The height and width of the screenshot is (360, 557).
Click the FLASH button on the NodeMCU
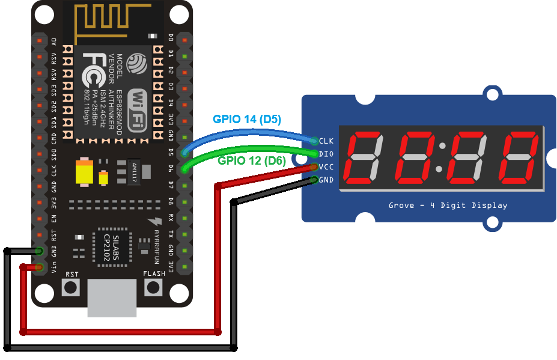coord(154,287)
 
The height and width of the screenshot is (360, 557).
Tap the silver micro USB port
coord(112,298)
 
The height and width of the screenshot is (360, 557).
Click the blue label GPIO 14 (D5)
coord(248,119)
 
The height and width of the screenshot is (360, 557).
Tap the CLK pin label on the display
coord(326,141)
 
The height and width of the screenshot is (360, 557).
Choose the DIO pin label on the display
coord(326,154)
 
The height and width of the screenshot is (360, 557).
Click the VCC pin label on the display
coord(326,166)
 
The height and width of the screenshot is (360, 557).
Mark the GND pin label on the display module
coord(326,179)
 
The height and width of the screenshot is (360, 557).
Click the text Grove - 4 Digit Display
coord(448,205)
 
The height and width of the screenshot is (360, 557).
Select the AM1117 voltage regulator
coord(133,172)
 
